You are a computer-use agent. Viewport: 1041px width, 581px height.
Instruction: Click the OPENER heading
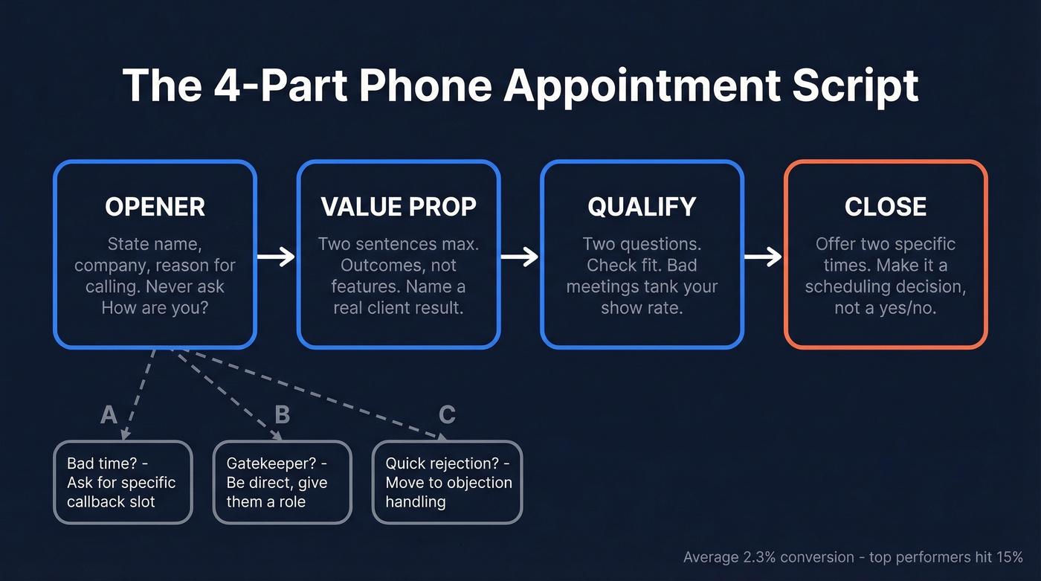click(155, 207)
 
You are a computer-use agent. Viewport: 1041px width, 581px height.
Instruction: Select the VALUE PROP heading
click(399, 207)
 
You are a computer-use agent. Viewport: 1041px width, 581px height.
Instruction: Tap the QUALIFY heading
click(642, 207)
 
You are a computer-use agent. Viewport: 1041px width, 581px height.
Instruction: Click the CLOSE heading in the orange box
click(886, 207)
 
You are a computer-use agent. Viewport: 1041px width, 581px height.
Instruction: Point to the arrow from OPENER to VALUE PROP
click(277, 257)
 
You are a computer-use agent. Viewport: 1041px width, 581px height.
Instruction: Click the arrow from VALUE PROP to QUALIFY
click(520, 257)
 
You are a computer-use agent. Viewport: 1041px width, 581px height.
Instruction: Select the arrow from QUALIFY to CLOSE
click(764, 257)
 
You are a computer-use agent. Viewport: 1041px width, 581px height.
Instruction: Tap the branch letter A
click(109, 414)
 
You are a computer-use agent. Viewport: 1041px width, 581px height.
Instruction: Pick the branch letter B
click(282, 414)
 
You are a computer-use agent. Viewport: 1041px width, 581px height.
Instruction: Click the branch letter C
click(447, 414)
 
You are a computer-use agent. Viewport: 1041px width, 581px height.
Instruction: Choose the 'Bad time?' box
click(123, 482)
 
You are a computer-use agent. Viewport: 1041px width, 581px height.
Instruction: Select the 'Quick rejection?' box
click(447, 482)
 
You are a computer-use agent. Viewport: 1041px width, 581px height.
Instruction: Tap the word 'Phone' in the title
click(425, 86)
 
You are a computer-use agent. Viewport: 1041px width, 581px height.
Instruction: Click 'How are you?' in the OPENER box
click(155, 307)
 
